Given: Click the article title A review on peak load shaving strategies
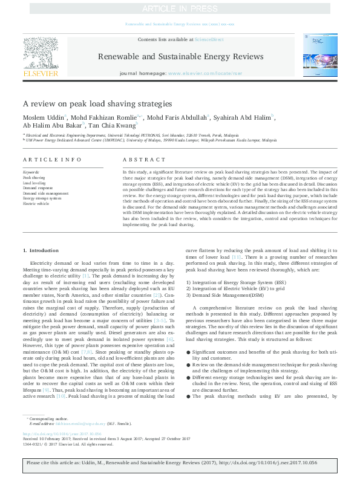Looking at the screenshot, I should click(97, 103).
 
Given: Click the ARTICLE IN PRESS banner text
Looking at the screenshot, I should click(180, 8).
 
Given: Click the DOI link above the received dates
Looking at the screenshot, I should click(58, 433).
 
